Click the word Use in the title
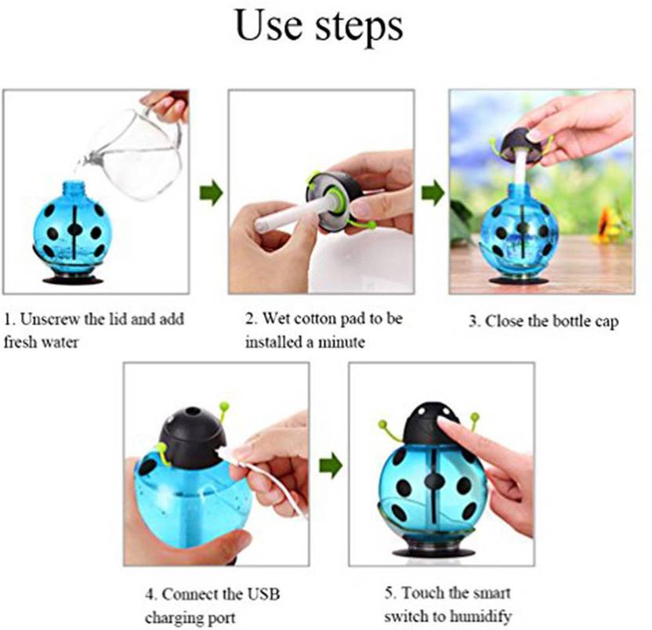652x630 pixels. [268, 26]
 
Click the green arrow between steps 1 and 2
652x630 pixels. [212, 193]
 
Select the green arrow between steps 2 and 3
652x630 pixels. [433, 193]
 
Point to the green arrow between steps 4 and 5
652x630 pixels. [331, 465]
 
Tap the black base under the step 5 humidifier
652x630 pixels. [433, 552]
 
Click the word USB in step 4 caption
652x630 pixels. [263, 594]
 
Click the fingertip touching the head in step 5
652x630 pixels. [444, 422]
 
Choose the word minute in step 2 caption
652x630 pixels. [342, 342]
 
